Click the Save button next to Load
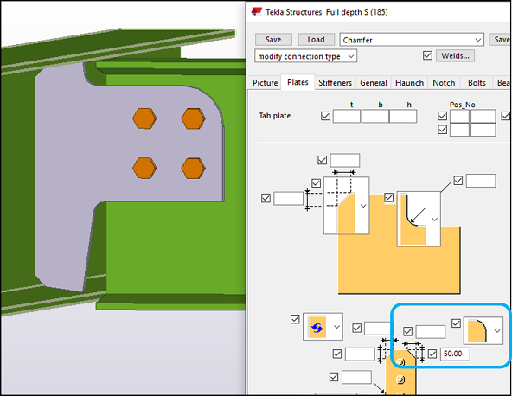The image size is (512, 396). coord(273,39)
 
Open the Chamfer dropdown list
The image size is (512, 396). coord(478,39)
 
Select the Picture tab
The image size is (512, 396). coord(266,83)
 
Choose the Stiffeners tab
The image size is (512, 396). coord(335,83)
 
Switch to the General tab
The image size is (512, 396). coord(374,83)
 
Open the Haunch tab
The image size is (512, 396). coord(410,83)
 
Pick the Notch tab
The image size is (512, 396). coord(444,83)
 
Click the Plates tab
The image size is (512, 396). coord(298,83)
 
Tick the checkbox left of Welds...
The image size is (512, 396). coord(427,56)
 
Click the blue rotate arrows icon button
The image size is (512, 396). coord(316,328)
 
